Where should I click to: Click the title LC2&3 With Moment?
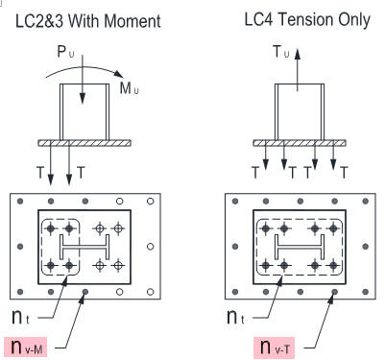(x=88, y=21)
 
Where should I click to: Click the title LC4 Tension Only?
(x=307, y=19)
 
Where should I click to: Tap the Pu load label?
(x=65, y=52)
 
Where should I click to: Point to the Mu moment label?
(x=130, y=88)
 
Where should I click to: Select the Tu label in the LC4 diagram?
(x=280, y=52)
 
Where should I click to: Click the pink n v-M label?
(x=26, y=347)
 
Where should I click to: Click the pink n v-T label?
(x=274, y=348)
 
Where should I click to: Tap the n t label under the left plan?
(x=20, y=316)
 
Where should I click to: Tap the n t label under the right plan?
(x=235, y=316)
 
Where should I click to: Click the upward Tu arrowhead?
(x=298, y=54)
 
